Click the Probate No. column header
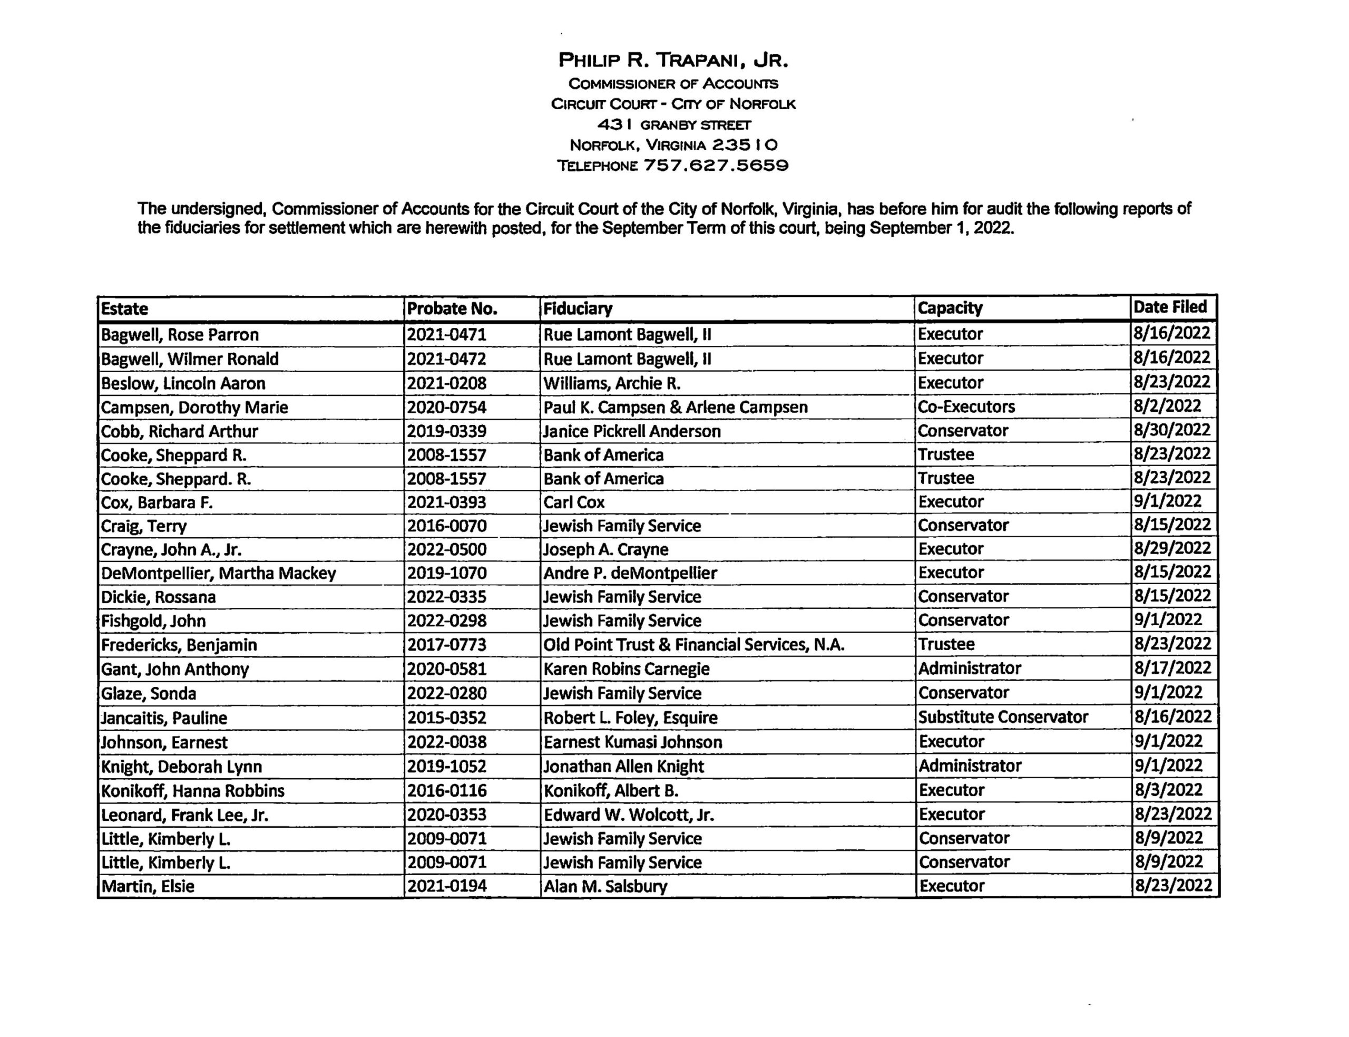click(452, 308)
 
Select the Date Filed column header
click(1169, 307)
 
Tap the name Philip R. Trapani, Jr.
click(673, 61)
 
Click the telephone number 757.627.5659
click(716, 166)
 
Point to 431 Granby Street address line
click(673, 125)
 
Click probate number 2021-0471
click(446, 335)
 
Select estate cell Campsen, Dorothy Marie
click(194, 408)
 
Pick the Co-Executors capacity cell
click(965, 407)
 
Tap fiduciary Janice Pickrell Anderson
click(632, 431)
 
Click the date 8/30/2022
click(1171, 430)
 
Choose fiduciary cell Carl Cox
click(574, 502)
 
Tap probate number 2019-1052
click(446, 766)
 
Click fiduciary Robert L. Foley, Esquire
click(630, 718)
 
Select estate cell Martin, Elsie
click(148, 886)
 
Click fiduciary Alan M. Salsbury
click(605, 886)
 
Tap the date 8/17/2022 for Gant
click(1172, 668)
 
